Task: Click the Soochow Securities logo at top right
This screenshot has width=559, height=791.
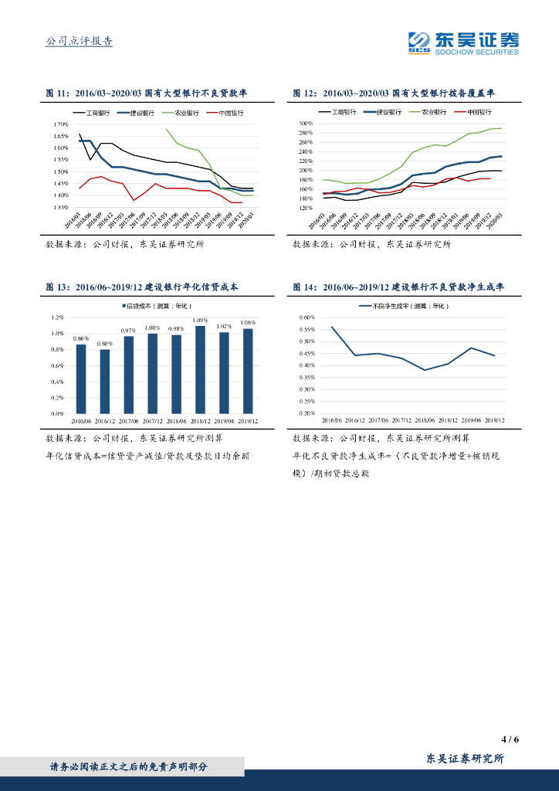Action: [x=463, y=42]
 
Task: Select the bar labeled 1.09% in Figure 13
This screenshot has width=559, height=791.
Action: [x=200, y=369]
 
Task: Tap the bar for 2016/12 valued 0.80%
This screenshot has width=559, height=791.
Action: [x=105, y=382]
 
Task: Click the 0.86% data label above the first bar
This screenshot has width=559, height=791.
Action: [x=81, y=338]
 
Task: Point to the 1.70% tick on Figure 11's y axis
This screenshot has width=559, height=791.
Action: [x=60, y=124]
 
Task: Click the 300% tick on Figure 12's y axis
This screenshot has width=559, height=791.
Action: [x=305, y=124]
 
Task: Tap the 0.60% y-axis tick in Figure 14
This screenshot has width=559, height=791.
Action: [x=307, y=317]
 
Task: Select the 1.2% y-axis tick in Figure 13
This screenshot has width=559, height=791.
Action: [x=59, y=317]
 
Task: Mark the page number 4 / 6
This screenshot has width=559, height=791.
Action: [x=510, y=738]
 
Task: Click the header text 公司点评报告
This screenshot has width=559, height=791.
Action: [x=80, y=41]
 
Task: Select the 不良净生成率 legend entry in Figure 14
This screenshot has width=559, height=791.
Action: [x=403, y=306]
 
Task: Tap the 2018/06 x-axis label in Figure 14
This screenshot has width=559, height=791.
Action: [x=423, y=420]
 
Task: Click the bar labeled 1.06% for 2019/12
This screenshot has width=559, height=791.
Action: [x=248, y=371]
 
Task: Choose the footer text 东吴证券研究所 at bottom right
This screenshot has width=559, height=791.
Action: [x=465, y=759]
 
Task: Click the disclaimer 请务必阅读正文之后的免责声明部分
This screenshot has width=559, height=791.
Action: [x=129, y=767]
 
